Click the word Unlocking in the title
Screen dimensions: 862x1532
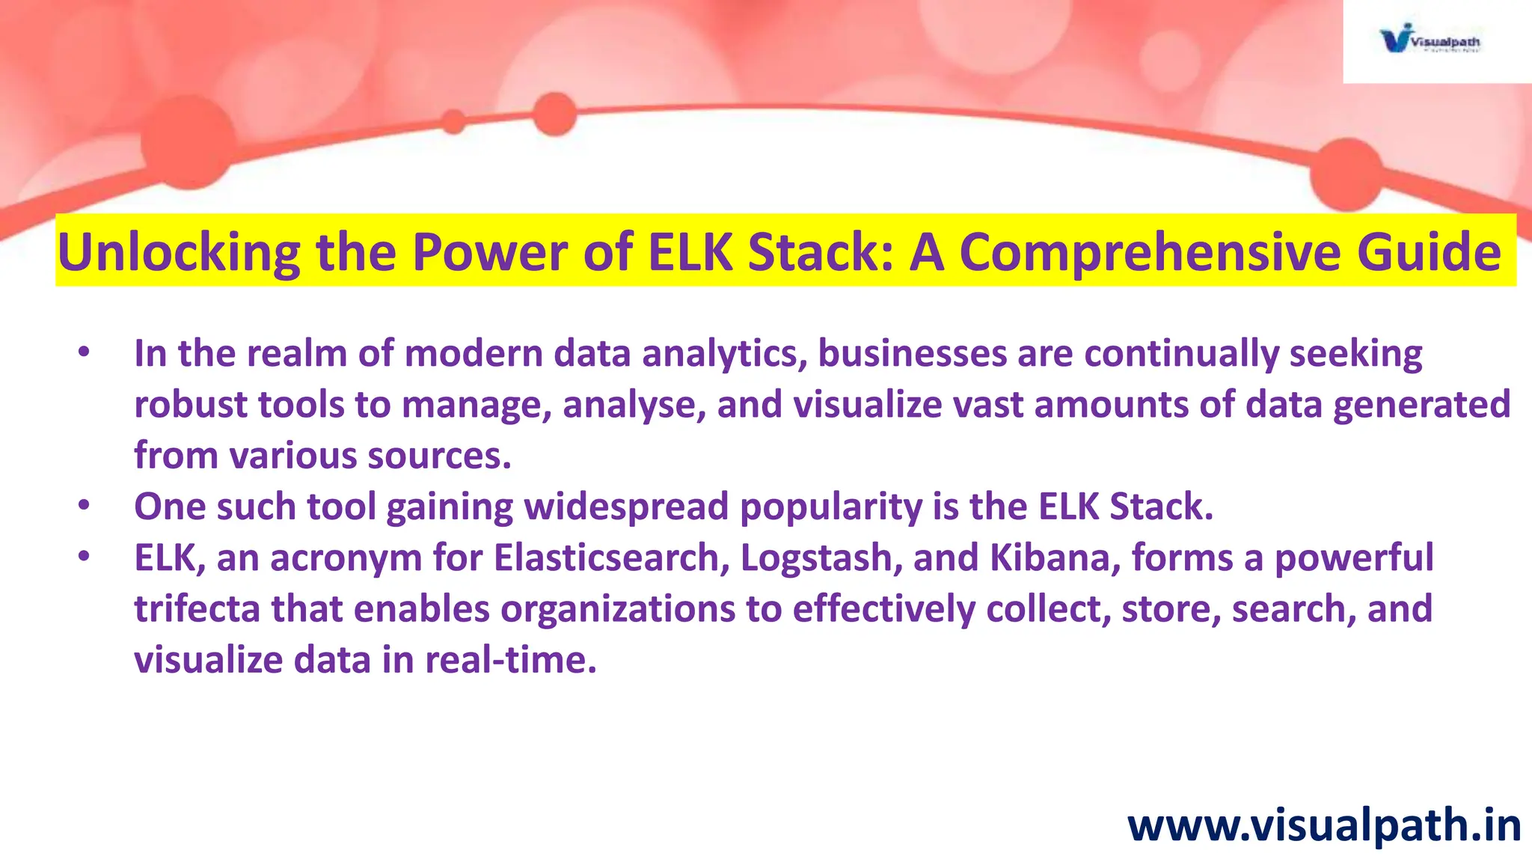point(179,252)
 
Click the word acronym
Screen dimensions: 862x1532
point(346,558)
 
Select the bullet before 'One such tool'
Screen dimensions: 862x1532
point(84,506)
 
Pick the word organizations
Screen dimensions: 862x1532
point(618,609)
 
